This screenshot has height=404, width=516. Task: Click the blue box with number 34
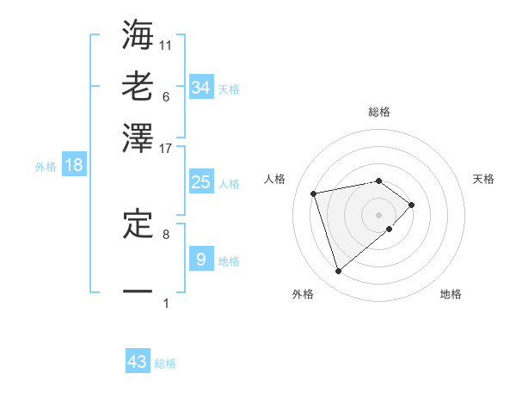tap(200, 88)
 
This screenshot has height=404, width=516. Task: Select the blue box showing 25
tap(200, 182)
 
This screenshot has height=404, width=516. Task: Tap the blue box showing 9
tap(200, 260)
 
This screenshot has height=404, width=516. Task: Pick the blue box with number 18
tap(74, 166)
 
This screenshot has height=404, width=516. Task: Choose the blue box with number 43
tap(138, 362)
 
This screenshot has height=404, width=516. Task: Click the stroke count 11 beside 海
tap(166, 45)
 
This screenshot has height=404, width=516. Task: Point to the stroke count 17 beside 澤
tap(166, 147)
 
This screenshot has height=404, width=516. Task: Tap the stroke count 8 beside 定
tap(166, 233)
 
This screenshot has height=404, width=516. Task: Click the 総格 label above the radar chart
tap(379, 112)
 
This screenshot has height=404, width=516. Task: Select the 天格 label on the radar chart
tap(483, 179)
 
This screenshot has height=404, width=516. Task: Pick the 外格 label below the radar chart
tap(303, 294)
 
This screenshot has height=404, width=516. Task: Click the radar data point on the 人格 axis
tap(314, 193)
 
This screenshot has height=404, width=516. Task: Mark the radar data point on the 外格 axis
tap(339, 272)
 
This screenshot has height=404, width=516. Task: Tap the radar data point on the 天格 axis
tap(412, 205)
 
